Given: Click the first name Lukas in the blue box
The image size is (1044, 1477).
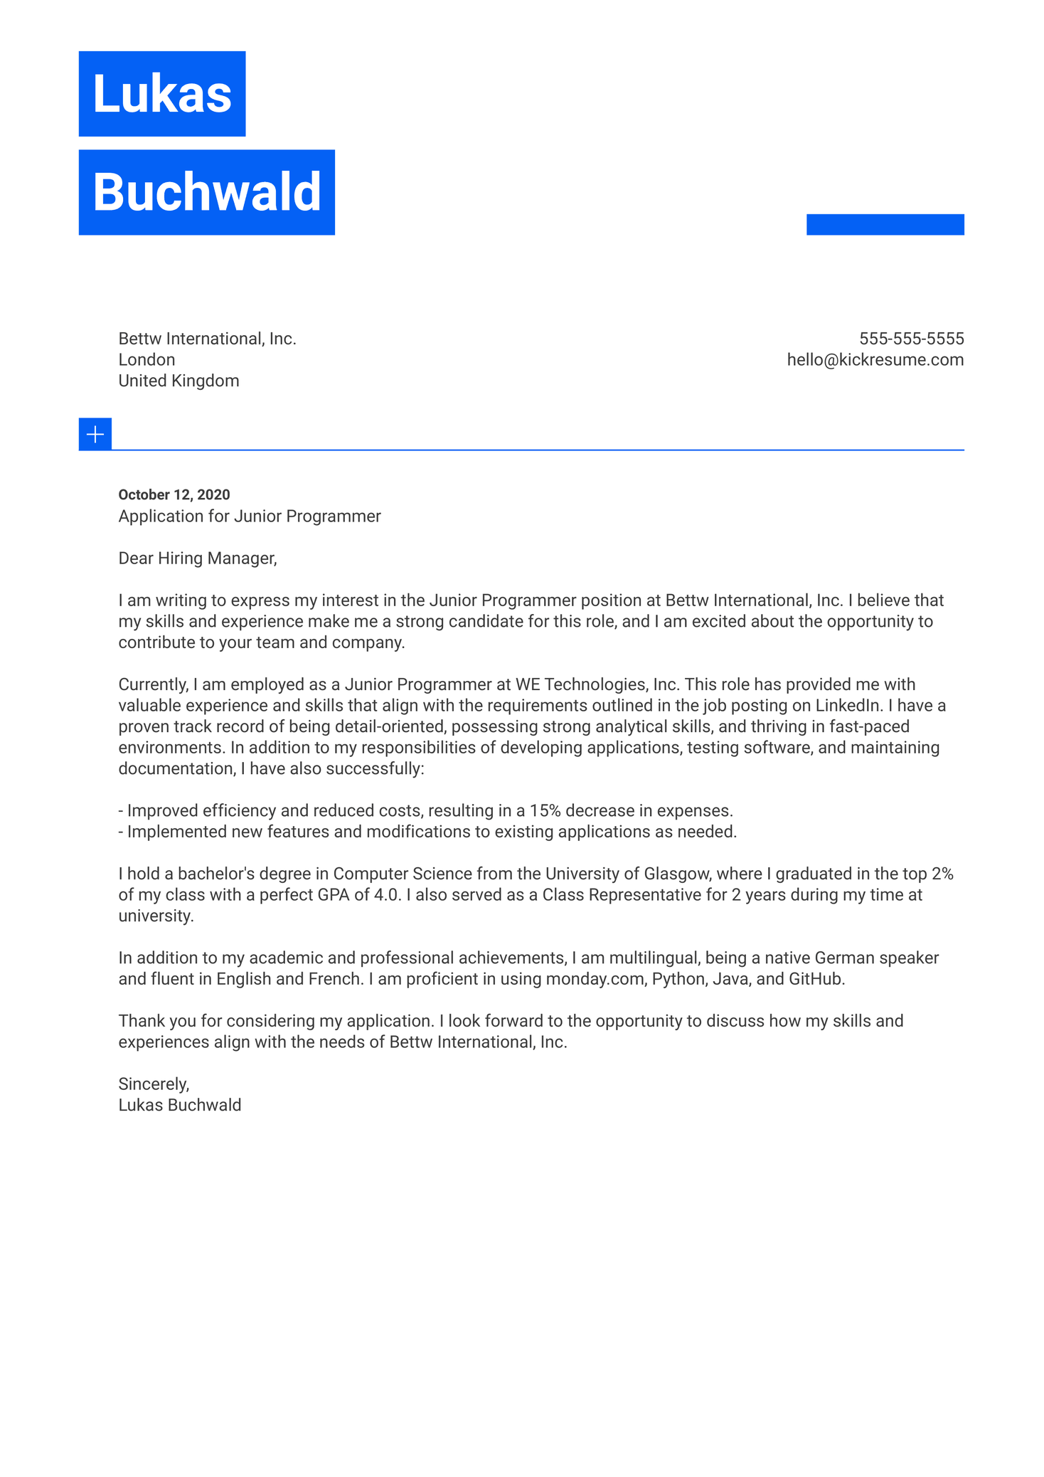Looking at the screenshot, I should click(x=162, y=94).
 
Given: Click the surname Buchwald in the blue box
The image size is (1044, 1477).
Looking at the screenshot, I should click(x=206, y=192).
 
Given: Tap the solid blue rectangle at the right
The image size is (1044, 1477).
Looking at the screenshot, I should click(x=885, y=224).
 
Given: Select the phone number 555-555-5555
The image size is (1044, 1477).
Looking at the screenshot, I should click(x=911, y=339).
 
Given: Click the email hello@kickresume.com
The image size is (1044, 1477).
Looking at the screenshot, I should click(x=875, y=360).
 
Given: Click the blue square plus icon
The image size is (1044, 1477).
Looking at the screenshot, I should click(x=95, y=434).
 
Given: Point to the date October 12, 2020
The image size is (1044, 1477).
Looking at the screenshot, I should click(x=174, y=494).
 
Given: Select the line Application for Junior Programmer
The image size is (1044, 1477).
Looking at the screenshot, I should click(x=249, y=517).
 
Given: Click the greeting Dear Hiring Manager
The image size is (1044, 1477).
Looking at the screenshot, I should click(x=197, y=558).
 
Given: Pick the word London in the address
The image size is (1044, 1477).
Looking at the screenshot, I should click(x=147, y=360).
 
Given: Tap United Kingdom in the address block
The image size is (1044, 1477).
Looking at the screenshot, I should click(x=179, y=381).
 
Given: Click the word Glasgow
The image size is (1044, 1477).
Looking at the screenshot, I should click(x=676, y=874).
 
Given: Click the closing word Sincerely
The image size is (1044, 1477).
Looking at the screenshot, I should click(x=154, y=1084).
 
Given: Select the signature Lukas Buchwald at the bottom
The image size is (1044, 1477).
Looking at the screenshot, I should click(x=180, y=1106).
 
